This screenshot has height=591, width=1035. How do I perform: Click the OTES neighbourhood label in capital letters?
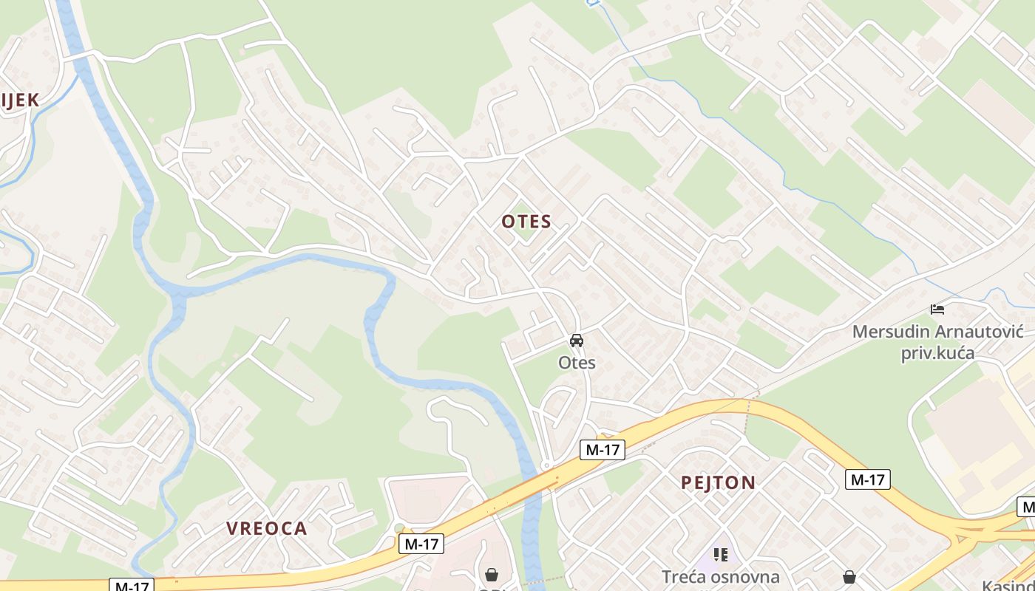(x=526, y=222)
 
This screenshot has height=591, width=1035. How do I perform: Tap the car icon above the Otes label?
(x=577, y=341)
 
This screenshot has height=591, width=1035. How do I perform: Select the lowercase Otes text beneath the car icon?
(x=577, y=363)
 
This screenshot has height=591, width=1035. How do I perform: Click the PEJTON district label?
(x=718, y=483)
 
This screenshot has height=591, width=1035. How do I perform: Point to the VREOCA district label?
(x=266, y=528)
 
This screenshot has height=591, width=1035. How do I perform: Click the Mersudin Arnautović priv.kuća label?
(x=937, y=342)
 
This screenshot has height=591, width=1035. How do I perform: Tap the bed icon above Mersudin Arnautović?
(x=937, y=309)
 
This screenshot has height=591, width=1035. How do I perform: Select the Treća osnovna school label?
(x=720, y=576)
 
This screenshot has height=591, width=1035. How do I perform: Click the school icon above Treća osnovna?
(x=720, y=554)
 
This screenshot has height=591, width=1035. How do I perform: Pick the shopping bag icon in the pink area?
(x=491, y=575)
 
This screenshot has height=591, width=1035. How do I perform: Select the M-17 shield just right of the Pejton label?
(x=867, y=479)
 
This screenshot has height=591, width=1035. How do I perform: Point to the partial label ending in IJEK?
(x=19, y=100)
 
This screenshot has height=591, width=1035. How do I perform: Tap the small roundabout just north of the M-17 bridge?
(x=546, y=465)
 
